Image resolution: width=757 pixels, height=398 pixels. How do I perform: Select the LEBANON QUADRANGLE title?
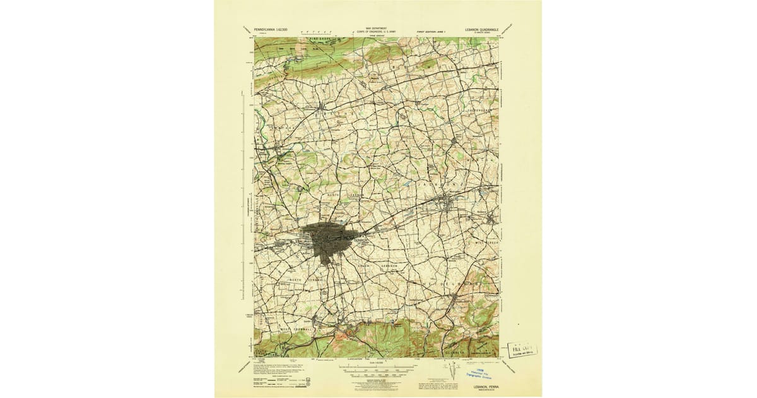480,29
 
